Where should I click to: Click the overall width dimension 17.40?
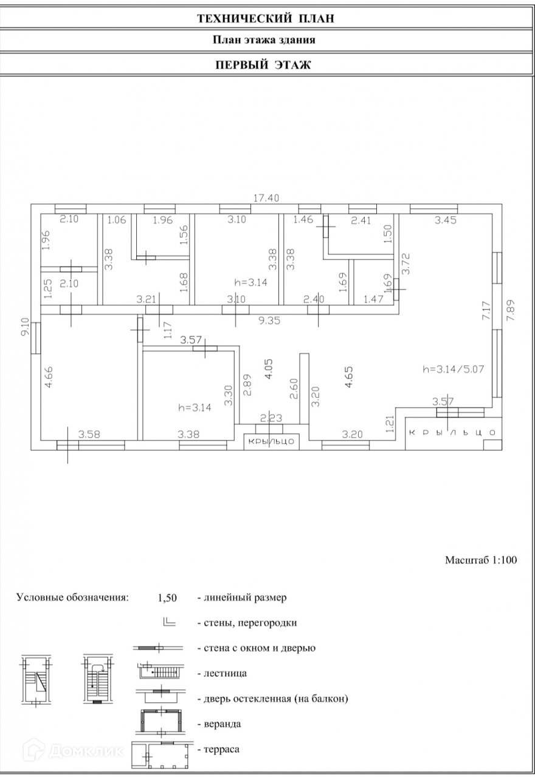tap(265, 198)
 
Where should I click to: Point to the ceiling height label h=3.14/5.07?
tap(452, 368)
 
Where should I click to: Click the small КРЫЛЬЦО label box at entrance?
tap(272, 441)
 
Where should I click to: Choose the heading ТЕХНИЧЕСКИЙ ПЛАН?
tap(266, 19)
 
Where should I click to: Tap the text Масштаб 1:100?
tap(480, 560)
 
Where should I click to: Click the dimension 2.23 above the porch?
tap(271, 418)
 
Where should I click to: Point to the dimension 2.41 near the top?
tap(361, 221)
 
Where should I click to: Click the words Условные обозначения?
tap(73, 597)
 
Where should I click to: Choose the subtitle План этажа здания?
tap(264, 41)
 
